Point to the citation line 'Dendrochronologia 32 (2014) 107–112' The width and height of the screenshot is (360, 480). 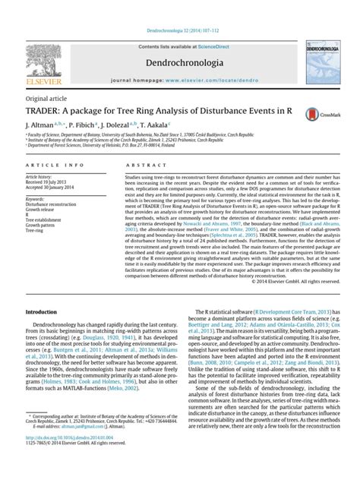point(180,7)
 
